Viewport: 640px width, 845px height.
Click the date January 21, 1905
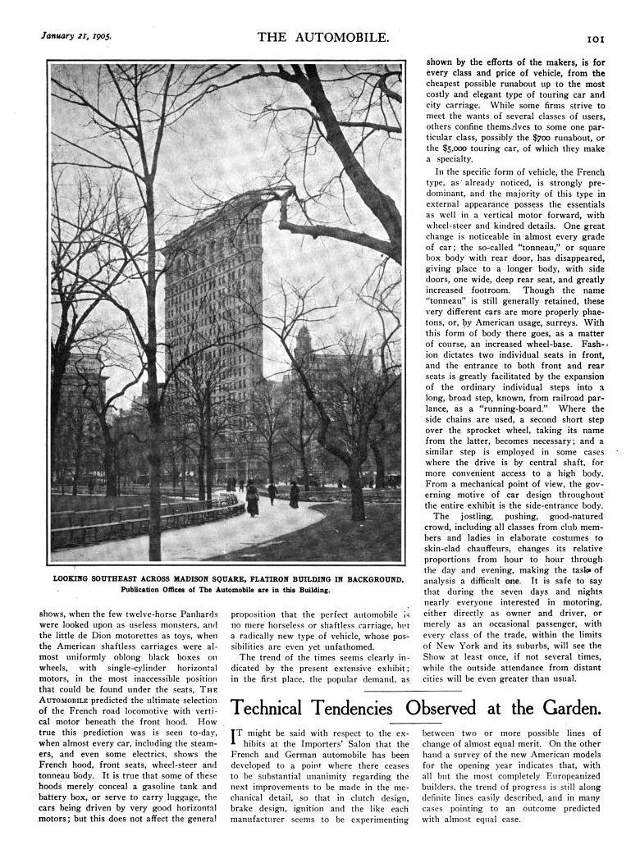(75, 36)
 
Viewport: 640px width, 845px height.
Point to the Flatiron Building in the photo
(212, 295)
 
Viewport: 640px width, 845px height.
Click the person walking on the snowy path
(252, 498)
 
